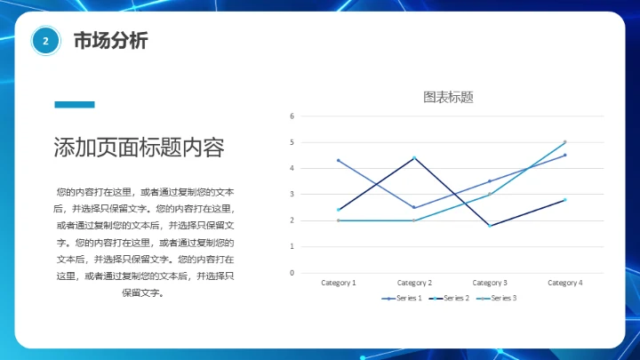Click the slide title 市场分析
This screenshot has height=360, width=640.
(110, 41)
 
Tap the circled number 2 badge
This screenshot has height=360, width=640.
(45, 41)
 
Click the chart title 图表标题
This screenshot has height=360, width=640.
(448, 97)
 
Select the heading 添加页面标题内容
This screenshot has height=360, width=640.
(138, 148)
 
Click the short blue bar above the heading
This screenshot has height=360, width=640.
(74, 105)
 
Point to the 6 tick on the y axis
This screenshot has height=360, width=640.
(292, 116)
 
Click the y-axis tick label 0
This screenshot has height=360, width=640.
(292, 273)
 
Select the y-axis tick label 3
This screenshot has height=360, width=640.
(292, 195)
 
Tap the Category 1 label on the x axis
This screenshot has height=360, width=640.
(338, 283)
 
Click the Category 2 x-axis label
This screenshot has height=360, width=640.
(413, 283)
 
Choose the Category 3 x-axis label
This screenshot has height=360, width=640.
(489, 283)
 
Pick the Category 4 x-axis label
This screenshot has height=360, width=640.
(564, 283)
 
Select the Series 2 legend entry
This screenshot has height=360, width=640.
(451, 298)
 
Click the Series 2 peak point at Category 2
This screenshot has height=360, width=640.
(414, 158)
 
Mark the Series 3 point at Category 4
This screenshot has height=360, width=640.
(564, 142)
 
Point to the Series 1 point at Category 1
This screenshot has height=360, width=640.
(339, 160)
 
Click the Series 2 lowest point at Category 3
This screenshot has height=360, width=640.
(489, 226)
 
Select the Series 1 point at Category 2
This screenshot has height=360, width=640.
(414, 207)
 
